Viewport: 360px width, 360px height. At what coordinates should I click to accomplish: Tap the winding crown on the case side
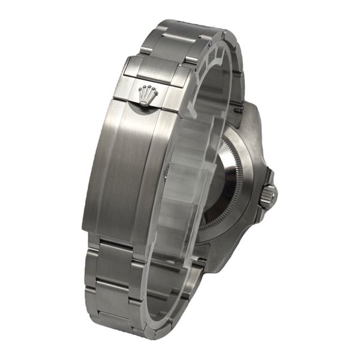tap(268, 196)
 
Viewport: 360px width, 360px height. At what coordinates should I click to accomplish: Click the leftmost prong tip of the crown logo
tap(140, 89)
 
